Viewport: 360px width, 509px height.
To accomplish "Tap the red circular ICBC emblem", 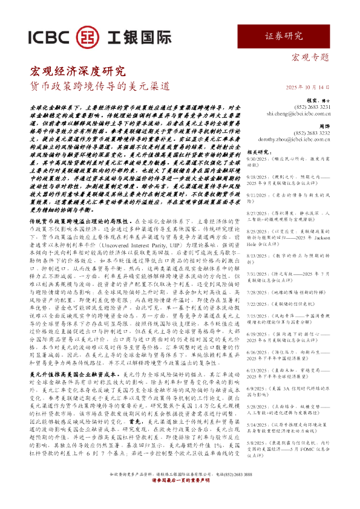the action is [x=90, y=39].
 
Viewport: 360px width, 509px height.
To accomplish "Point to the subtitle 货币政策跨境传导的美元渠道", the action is [x=100, y=86].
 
